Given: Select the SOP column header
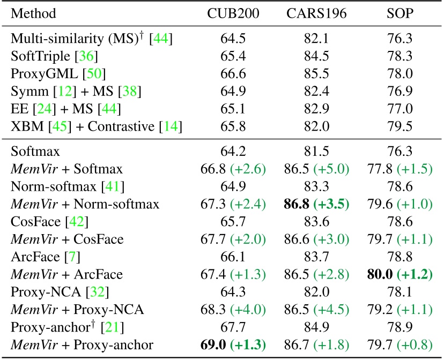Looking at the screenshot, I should pyautogui.click(x=399, y=12).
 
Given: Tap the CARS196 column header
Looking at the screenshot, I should pyautogui.click(x=313, y=12).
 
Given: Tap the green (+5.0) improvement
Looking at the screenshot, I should pyautogui.click(x=332, y=169).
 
